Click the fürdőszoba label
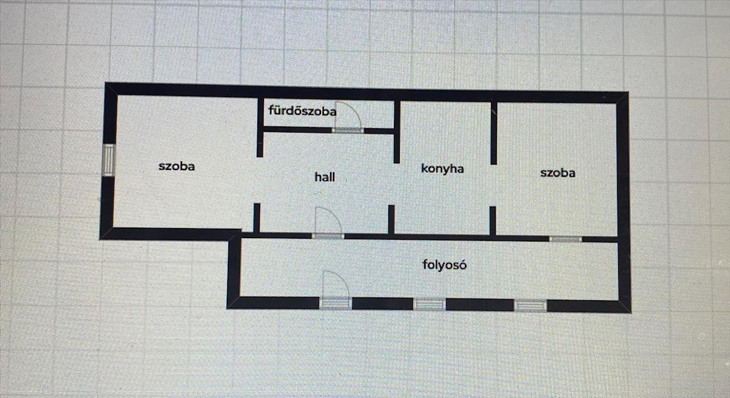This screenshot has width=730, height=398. click(302, 111)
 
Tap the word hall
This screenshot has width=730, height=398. click(324, 177)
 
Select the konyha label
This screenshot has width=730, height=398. click(442, 168)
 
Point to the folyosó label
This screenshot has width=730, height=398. click(445, 264)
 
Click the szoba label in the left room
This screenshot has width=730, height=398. click(176, 166)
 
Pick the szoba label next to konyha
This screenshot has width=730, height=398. click(558, 173)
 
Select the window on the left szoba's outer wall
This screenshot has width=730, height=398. click(108, 160)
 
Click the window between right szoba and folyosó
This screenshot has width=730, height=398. click(561, 239)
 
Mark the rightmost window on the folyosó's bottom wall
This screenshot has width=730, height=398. click(530, 305)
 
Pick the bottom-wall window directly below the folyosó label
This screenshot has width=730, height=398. click(429, 304)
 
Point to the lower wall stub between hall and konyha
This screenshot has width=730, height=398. click(391, 219)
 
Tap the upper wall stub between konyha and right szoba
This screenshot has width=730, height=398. click(493, 133)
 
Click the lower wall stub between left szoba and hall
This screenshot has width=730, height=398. click(257, 218)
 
